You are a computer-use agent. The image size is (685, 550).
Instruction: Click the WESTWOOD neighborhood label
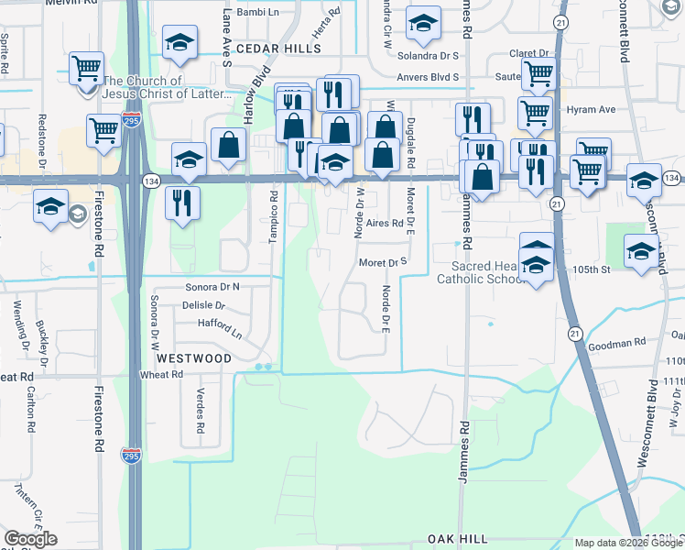pyautogui.click(x=193, y=358)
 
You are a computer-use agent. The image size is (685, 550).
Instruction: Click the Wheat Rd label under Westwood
pyautogui.click(x=161, y=375)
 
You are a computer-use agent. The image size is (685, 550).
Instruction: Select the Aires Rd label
pyautogui.click(x=385, y=223)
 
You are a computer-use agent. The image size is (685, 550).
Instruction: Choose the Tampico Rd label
pyautogui.click(x=273, y=215)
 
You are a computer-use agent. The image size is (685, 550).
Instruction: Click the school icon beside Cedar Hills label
pyautogui.click(x=179, y=41)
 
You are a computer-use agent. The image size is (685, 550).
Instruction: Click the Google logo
pyautogui.click(x=30, y=538)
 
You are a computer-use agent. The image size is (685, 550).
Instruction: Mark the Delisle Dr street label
pyautogui.click(x=202, y=305)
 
